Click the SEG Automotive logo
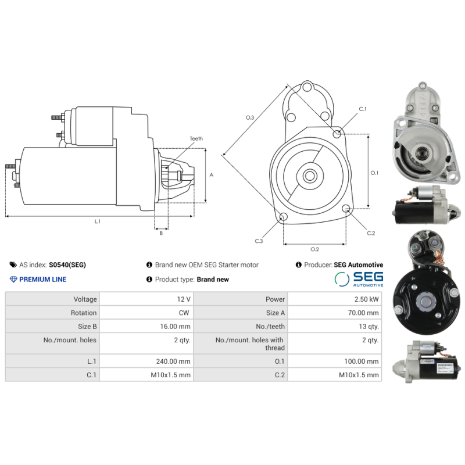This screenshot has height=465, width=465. pos(359,279)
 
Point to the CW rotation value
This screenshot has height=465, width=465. pos(185,313)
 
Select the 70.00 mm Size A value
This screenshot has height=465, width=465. pos(364,313)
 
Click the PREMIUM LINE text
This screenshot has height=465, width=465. pos(42,280)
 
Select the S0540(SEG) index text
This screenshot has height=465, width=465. pos(67,265)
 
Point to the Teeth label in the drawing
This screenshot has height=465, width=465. pos(196,139)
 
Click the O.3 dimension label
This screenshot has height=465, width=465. pos(250,118)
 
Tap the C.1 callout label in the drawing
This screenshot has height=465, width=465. pos(363,109)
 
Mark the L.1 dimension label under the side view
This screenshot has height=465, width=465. pos(98,221)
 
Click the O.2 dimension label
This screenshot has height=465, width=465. pos(314,249)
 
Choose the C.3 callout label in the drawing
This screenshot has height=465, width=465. pos(259,241)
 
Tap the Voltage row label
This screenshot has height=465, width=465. pos(85,299)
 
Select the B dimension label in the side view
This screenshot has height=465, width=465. pos(161,233)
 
